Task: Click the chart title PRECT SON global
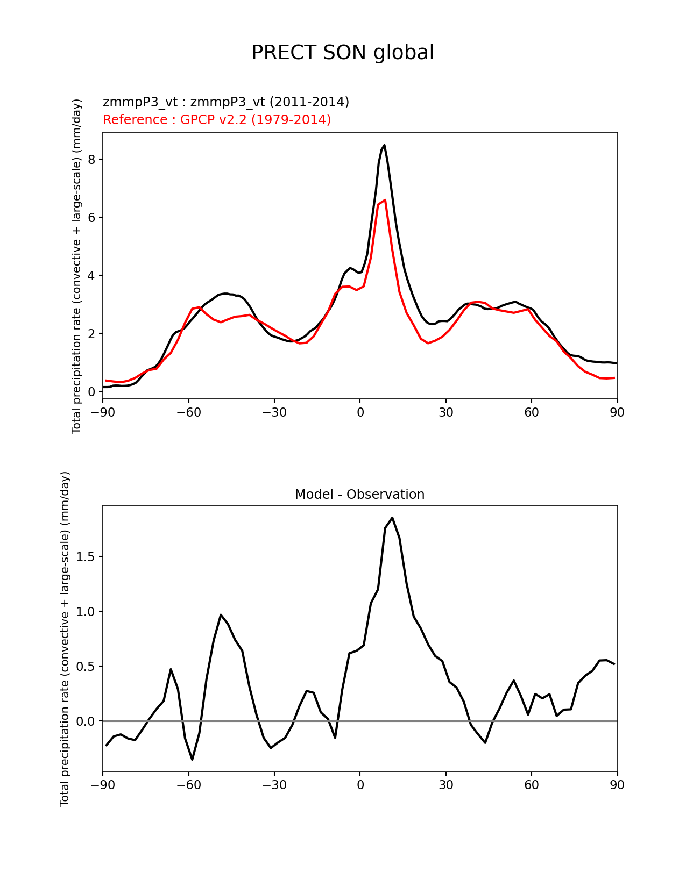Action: (343, 53)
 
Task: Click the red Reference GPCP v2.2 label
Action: (217, 119)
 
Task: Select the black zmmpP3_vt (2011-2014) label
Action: (226, 102)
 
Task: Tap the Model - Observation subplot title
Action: (359, 495)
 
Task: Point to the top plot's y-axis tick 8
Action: (91, 160)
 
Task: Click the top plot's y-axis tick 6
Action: (91, 218)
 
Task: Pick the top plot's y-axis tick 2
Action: (91, 334)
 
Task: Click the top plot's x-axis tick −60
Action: (188, 412)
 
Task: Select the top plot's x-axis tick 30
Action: (445, 412)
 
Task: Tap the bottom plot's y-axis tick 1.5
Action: (85, 557)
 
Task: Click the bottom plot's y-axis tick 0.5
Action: (85, 667)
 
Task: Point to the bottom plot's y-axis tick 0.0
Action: (85, 721)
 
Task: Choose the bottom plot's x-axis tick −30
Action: (274, 785)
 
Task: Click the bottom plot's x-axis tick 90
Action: (617, 785)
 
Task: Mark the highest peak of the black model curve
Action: (384, 145)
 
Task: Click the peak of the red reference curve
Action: (385, 200)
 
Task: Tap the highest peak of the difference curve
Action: (392, 518)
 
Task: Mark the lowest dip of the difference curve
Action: (192, 759)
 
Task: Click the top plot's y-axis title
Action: (77, 266)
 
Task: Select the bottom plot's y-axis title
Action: (65, 639)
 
